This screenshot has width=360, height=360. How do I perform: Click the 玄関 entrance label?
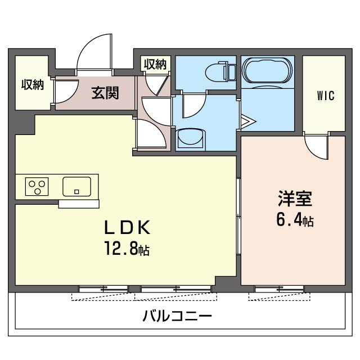[x=105, y=92]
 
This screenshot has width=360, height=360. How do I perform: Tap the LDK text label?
[x=126, y=228]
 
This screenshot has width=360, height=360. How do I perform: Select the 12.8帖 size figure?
[x=126, y=248]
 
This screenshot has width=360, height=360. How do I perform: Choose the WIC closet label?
[x=325, y=96]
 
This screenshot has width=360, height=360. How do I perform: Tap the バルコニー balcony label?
[x=177, y=316]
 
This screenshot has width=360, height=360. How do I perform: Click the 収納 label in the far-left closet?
[x=32, y=85]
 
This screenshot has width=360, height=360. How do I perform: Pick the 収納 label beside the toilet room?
[x=155, y=64]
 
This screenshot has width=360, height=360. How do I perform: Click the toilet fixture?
[x=219, y=72]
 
